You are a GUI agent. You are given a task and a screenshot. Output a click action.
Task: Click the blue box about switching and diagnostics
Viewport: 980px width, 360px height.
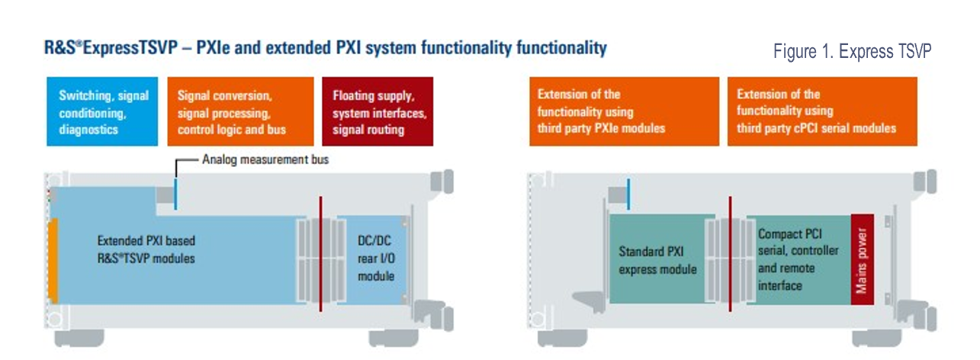click(102, 111)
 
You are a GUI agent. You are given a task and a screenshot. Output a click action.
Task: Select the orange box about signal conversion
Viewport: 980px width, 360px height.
click(240, 111)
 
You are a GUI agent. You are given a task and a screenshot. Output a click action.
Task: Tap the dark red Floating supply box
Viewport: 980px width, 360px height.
click(378, 111)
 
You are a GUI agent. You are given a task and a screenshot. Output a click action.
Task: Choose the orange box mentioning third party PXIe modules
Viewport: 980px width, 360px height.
click(623, 111)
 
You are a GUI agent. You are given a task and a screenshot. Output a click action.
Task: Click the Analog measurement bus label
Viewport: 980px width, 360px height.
click(265, 160)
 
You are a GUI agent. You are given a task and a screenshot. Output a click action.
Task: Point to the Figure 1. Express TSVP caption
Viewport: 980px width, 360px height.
click(852, 52)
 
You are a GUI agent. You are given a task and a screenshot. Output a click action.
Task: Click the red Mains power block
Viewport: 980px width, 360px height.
click(863, 259)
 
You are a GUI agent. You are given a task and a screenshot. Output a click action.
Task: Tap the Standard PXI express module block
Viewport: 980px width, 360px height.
click(657, 259)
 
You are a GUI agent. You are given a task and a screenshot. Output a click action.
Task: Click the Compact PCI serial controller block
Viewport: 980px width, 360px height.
click(798, 259)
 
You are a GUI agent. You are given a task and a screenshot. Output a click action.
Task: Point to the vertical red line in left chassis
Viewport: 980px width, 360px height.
click(321, 253)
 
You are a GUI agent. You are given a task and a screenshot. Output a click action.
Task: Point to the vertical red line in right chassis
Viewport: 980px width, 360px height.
click(731, 253)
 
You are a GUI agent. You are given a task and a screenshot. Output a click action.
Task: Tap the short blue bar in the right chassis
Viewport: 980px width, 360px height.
click(628, 194)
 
